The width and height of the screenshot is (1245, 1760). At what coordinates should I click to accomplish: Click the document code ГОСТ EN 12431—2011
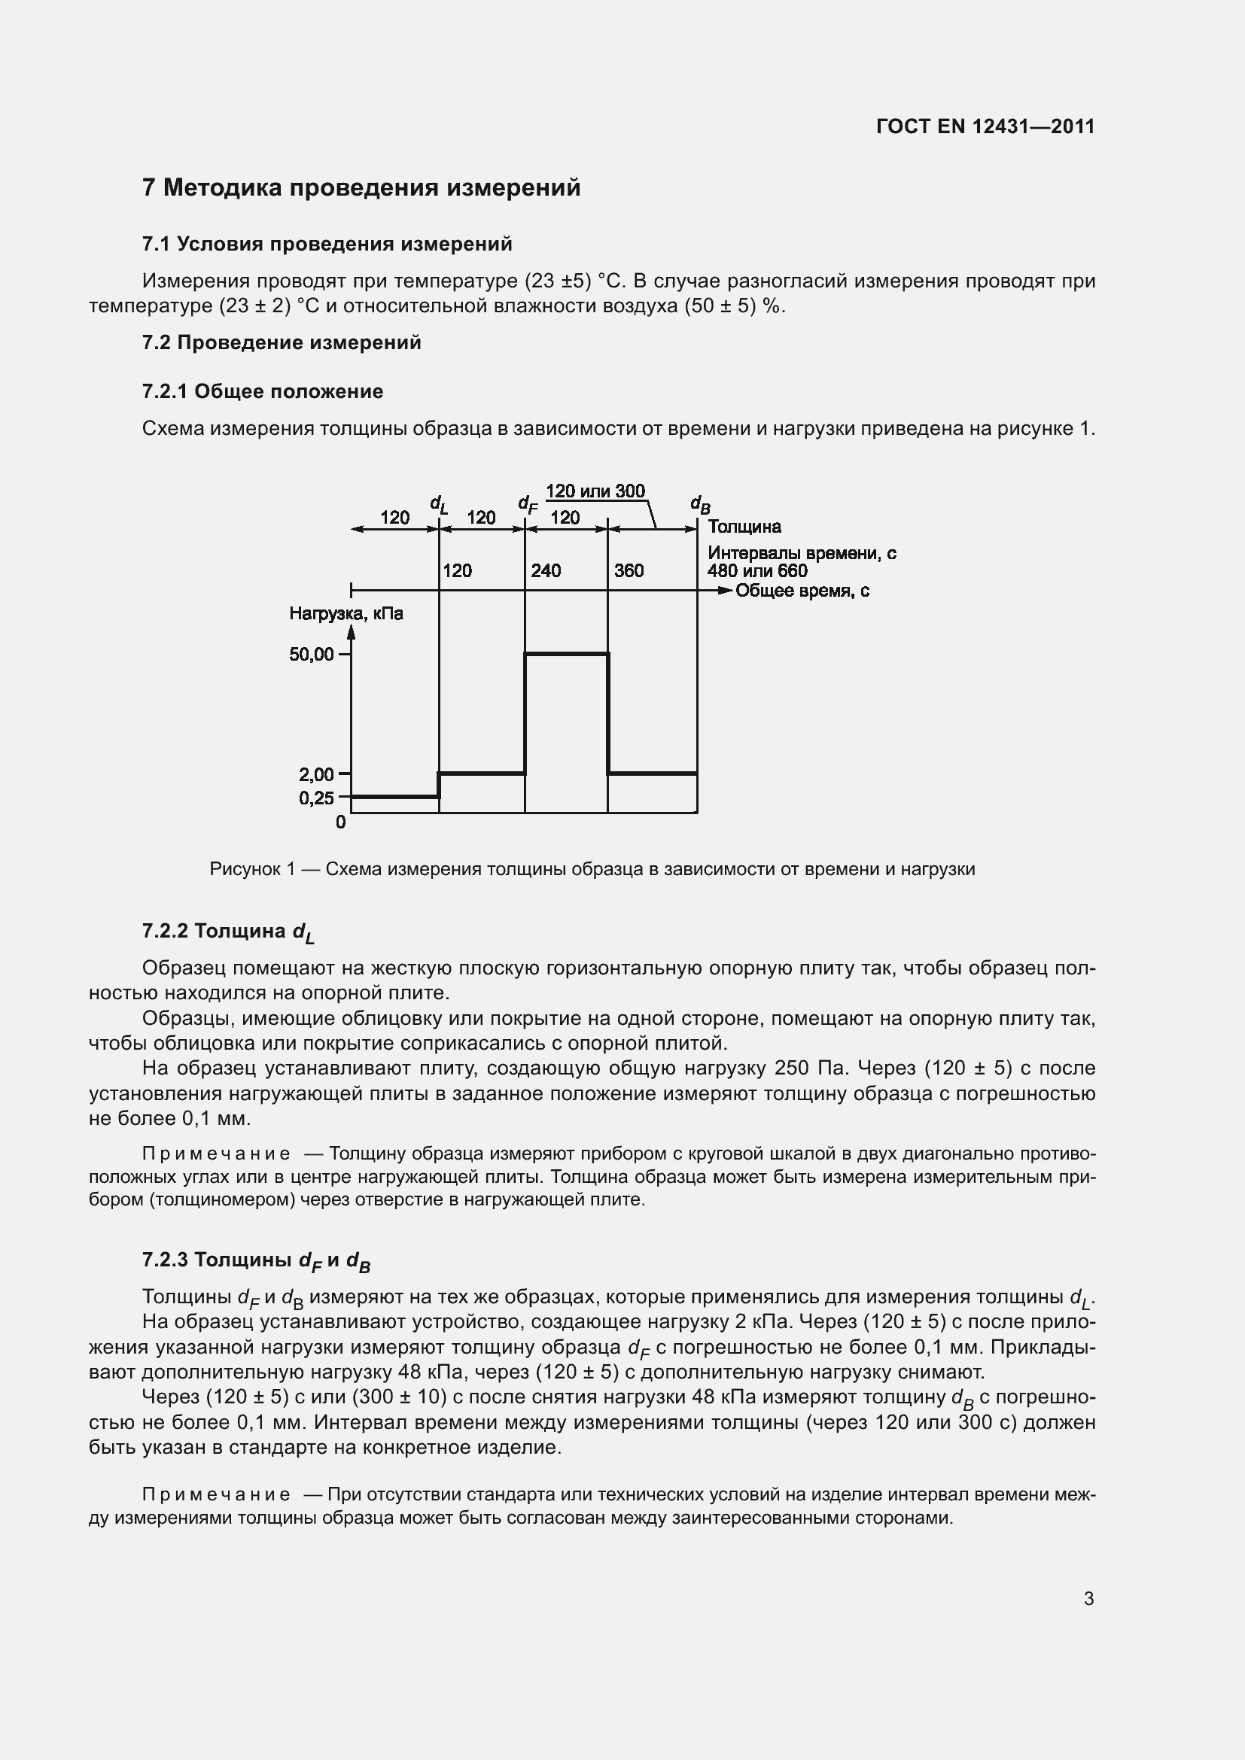pyautogui.click(x=985, y=126)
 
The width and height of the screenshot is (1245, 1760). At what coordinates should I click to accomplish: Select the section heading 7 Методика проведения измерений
pyautogui.click(x=361, y=188)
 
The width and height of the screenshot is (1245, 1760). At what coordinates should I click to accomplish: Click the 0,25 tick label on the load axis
pyautogui.click(x=317, y=798)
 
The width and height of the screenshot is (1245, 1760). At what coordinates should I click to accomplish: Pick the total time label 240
pyautogui.click(x=546, y=570)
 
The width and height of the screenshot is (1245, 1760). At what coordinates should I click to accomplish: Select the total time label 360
pyautogui.click(x=629, y=570)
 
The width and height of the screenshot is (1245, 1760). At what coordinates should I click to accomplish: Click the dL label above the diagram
pyautogui.click(x=439, y=504)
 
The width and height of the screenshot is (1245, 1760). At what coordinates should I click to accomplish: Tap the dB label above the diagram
pyautogui.click(x=700, y=504)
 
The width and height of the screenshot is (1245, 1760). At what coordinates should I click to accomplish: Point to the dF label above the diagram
pyautogui.click(x=528, y=504)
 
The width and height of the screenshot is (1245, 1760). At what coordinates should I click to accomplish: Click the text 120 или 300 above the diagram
pyautogui.click(x=595, y=491)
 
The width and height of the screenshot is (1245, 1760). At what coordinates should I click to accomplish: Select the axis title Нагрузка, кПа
pyautogui.click(x=345, y=613)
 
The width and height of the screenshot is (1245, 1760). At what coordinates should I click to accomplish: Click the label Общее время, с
pyautogui.click(x=802, y=591)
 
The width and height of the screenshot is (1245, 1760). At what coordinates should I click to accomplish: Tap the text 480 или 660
pyautogui.click(x=756, y=571)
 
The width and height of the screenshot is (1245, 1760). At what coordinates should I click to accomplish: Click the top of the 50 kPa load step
pyautogui.click(x=567, y=653)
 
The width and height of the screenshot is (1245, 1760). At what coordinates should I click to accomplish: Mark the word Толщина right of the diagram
pyautogui.click(x=744, y=527)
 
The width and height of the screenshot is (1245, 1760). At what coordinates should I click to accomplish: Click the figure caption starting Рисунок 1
pyautogui.click(x=592, y=869)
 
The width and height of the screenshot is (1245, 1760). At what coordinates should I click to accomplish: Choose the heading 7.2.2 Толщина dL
pyautogui.click(x=227, y=932)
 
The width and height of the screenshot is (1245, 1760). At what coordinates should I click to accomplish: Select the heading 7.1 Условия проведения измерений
pyautogui.click(x=327, y=245)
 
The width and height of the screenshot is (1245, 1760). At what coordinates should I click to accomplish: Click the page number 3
pyautogui.click(x=1088, y=1599)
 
